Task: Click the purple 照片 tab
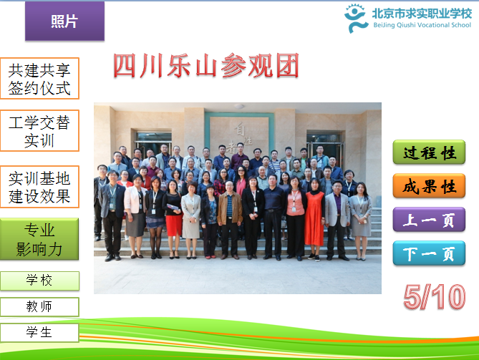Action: click(x=64, y=21)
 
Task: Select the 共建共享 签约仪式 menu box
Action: click(x=39, y=79)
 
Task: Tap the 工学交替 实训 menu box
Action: click(x=39, y=131)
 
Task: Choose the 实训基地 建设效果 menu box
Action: click(x=39, y=187)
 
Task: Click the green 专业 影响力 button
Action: click(x=39, y=239)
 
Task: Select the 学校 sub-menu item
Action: click(x=39, y=281)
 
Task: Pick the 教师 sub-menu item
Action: click(x=39, y=307)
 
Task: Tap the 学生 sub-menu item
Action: click(x=39, y=333)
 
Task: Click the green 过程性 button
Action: click(x=429, y=152)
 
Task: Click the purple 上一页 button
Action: click(x=429, y=219)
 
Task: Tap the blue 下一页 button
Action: click(x=429, y=253)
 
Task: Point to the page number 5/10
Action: click(x=435, y=297)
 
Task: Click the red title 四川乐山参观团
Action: click(x=206, y=66)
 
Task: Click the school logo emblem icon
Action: click(x=356, y=19)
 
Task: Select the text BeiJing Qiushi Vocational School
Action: click(x=422, y=25)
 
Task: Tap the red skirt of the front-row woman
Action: click(x=174, y=225)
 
